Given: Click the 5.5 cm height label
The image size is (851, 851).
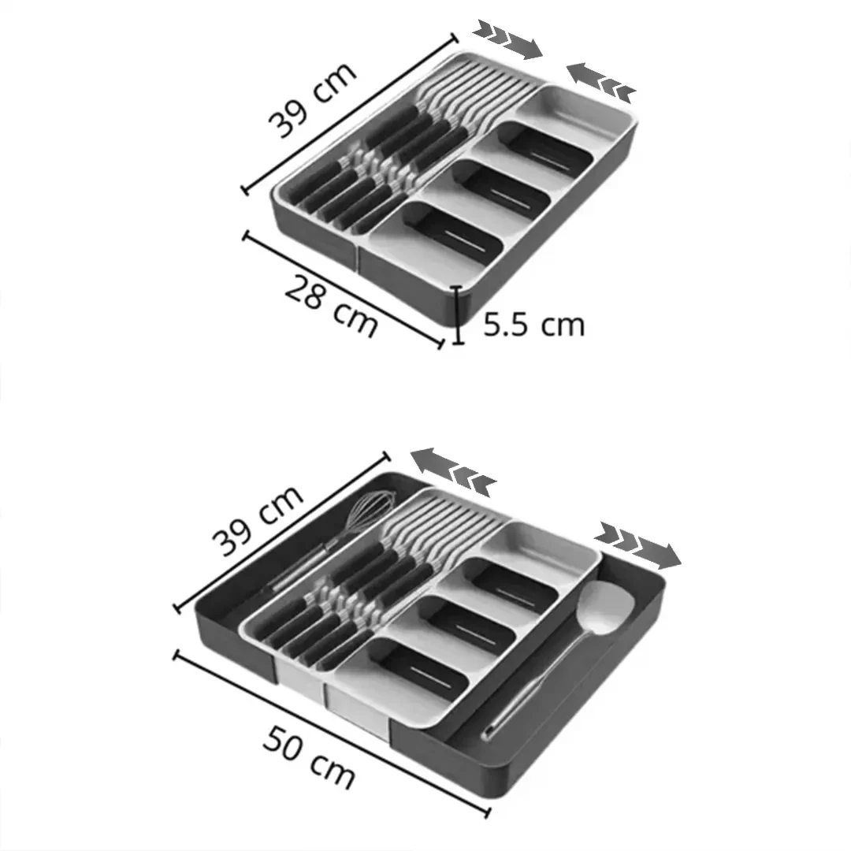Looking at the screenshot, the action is point(533,325).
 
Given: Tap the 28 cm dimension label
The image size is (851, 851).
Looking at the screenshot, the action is point(330,306).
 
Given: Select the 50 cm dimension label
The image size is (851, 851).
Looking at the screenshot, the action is point(308,756).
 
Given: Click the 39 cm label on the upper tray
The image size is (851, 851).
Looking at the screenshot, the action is point(313,99).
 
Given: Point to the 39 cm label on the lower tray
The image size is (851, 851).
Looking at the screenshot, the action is point(257,520).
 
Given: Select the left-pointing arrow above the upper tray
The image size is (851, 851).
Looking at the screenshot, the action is point(600,83).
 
